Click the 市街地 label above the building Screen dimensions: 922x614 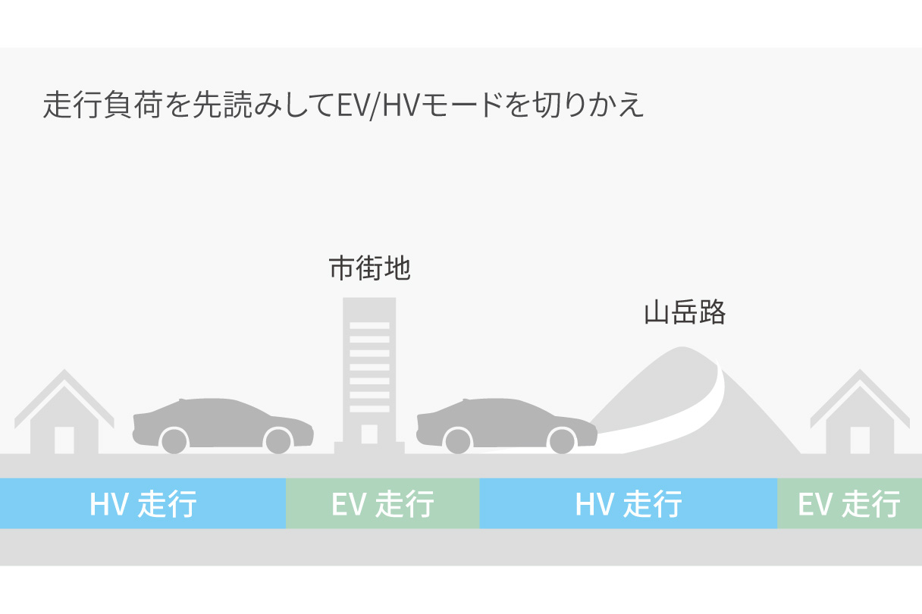coord(369,268)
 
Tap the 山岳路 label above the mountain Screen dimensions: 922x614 coord(685,312)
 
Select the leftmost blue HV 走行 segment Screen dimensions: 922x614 coord(143,503)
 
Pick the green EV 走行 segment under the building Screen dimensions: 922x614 coord(383,503)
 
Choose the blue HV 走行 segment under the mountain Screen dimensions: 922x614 coord(628,503)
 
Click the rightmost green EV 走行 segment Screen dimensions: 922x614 coord(849,503)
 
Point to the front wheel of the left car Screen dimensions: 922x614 coord(278,441)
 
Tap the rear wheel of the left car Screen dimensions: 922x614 coord(174,441)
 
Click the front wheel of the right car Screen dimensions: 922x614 coord(562,441)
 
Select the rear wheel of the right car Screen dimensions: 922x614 coord(458,441)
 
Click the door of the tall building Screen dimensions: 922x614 coord(369,434)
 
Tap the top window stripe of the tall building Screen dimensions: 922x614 coord(369,325)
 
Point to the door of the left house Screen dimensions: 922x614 coord(64,440)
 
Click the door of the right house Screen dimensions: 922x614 coord(860,440)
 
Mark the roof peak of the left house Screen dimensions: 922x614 coord(64,370)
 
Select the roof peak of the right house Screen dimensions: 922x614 coord(860,370)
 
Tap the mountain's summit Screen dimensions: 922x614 coord(682,347)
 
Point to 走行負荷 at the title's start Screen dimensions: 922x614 coord(102,105)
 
